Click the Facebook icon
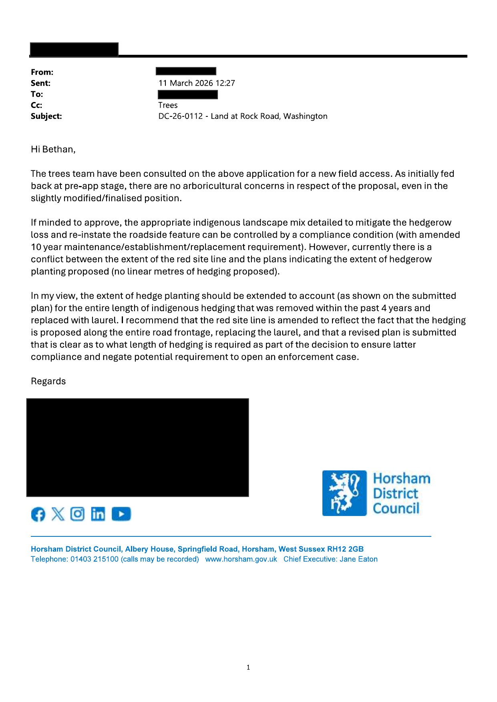[x=38, y=514]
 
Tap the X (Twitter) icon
[x=58, y=514]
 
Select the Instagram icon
[x=77, y=514]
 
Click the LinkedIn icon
[x=98, y=514]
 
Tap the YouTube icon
[x=121, y=514]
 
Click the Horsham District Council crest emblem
[x=344, y=493]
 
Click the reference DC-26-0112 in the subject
[x=181, y=116]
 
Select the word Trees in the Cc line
[x=168, y=105]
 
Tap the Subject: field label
[x=46, y=116]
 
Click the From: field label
[x=42, y=72]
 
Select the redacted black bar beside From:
[x=186, y=72]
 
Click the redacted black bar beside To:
[x=187, y=94]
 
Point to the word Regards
[x=48, y=381]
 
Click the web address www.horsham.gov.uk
[x=241, y=559]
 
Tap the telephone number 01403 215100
[x=95, y=559]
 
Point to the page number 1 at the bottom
[x=248, y=667]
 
